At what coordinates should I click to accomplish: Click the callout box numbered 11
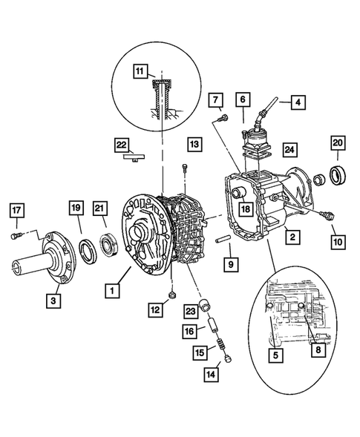pyautogui.click(x=140, y=72)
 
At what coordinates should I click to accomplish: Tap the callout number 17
pyautogui.click(x=16, y=211)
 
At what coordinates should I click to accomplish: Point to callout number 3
pyautogui.click(x=53, y=300)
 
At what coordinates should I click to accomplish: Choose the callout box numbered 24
pyautogui.click(x=289, y=149)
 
